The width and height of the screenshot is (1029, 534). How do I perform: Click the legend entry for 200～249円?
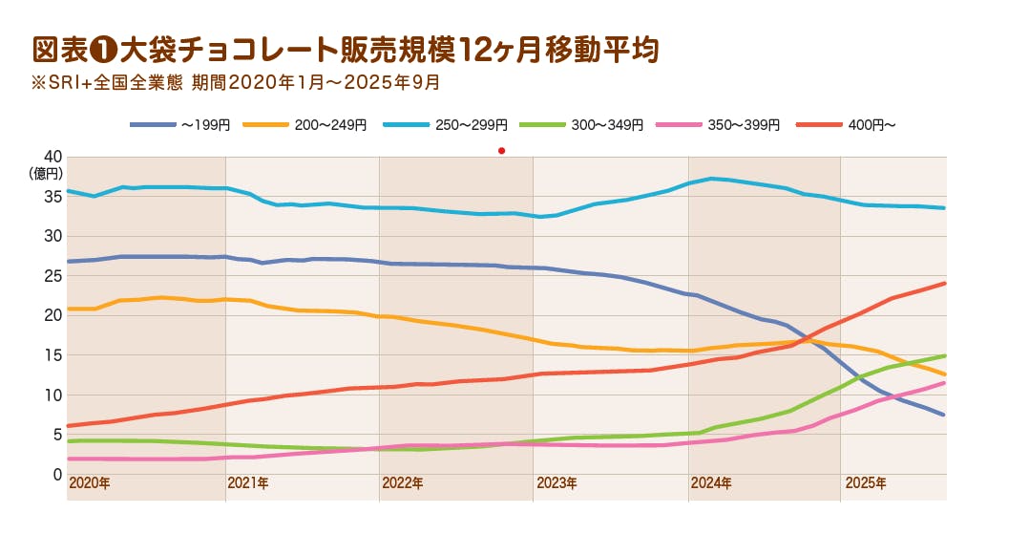coord(305,125)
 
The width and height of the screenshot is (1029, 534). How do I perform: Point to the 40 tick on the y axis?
coord(52,157)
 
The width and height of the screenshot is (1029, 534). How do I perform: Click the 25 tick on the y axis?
coord(52,276)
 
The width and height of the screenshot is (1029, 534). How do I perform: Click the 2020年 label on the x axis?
coord(90,483)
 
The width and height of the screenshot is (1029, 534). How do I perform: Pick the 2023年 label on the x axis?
coord(556,483)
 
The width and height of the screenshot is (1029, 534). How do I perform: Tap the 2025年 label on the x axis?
coord(866,483)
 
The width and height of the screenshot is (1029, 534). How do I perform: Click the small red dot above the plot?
coord(501,150)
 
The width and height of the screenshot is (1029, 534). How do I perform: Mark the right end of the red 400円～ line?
coord(945,283)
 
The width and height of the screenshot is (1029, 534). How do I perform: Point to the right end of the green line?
coord(945,356)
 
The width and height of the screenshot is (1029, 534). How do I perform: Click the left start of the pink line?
coord(69,459)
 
